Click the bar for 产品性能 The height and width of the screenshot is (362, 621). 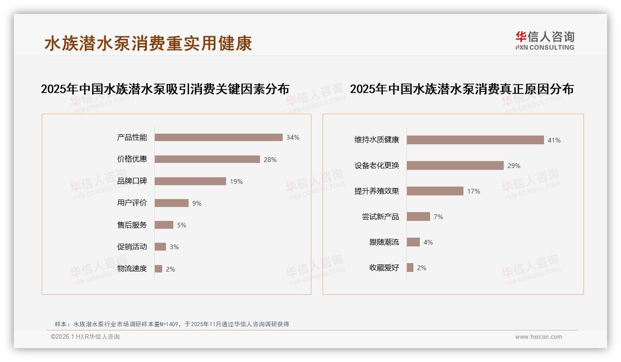[218, 137]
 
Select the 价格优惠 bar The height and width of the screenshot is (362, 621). [207, 159]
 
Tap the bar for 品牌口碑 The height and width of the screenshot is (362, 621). [190, 181]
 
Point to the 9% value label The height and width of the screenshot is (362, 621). [197, 203]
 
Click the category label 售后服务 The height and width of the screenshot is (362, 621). [132, 225]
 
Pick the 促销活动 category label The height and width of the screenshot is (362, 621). [132, 247]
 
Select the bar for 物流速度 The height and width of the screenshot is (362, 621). [158, 269]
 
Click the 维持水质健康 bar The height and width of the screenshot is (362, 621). [475, 140]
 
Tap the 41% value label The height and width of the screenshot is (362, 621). [554, 140]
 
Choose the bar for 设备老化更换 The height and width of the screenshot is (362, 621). [455, 165]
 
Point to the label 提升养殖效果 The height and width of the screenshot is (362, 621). [376, 191]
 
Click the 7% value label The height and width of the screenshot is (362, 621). [438, 217]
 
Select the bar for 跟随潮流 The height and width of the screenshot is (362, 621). [413, 242]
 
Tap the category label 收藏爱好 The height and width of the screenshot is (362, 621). [384, 268]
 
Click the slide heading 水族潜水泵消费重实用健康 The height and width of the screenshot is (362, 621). [148, 43]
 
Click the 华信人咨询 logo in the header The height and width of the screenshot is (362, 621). [545, 40]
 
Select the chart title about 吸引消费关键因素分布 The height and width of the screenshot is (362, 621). [165, 89]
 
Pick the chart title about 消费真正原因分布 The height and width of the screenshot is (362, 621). [462, 89]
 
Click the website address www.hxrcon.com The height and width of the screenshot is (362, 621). [539, 337]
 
